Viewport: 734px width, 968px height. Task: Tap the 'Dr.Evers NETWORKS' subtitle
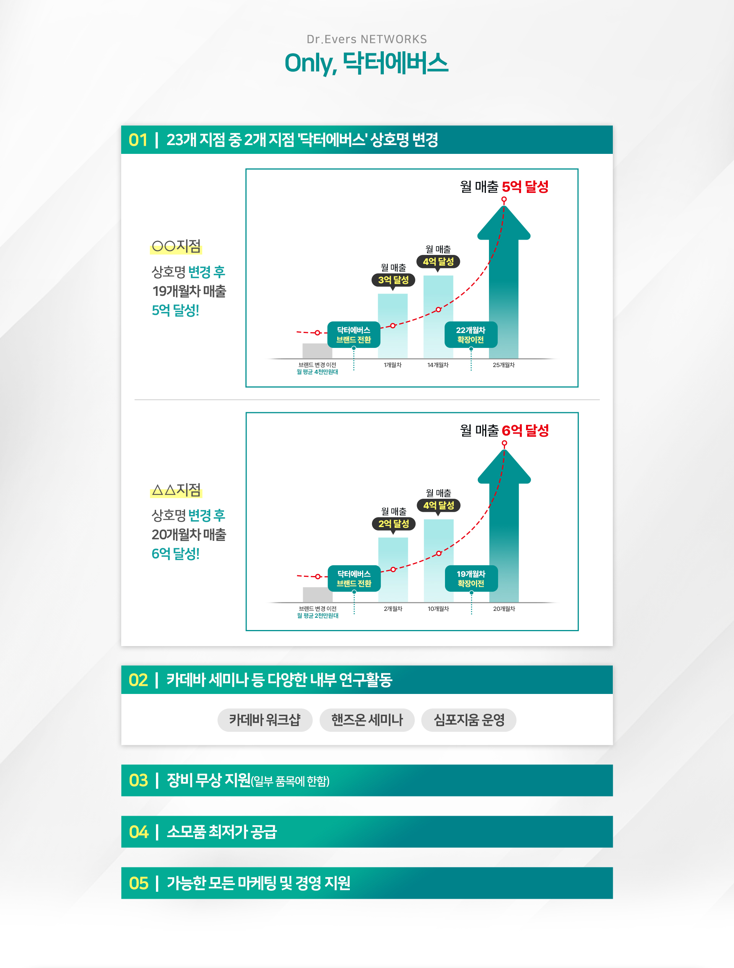pyautogui.click(x=366, y=39)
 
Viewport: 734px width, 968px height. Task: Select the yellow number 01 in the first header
pyautogui.click(x=138, y=140)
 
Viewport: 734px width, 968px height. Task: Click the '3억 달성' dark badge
pyautogui.click(x=393, y=280)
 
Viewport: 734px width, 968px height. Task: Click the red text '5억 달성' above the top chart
pyautogui.click(x=525, y=187)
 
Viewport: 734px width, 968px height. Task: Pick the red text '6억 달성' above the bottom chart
pyautogui.click(x=525, y=431)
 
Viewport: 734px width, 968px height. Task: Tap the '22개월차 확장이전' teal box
pyautogui.click(x=470, y=335)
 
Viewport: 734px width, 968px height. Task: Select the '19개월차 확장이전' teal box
pyautogui.click(x=471, y=578)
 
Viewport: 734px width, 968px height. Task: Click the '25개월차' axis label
pyautogui.click(x=503, y=365)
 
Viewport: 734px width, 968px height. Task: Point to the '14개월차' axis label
pyautogui.click(x=438, y=365)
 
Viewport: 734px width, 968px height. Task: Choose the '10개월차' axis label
pyautogui.click(x=438, y=609)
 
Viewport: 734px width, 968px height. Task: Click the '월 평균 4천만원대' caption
pyautogui.click(x=317, y=372)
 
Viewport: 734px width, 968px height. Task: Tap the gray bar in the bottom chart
pyautogui.click(x=317, y=595)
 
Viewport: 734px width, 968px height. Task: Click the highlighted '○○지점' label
pyautogui.click(x=176, y=246)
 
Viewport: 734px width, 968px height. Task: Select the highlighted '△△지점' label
pyautogui.click(x=176, y=490)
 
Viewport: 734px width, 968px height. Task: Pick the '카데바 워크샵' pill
pyautogui.click(x=265, y=720)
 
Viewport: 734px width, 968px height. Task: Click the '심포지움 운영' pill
pyautogui.click(x=469, y=720)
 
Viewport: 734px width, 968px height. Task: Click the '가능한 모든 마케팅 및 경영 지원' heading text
pyautogui.click(x=258, y=883)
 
